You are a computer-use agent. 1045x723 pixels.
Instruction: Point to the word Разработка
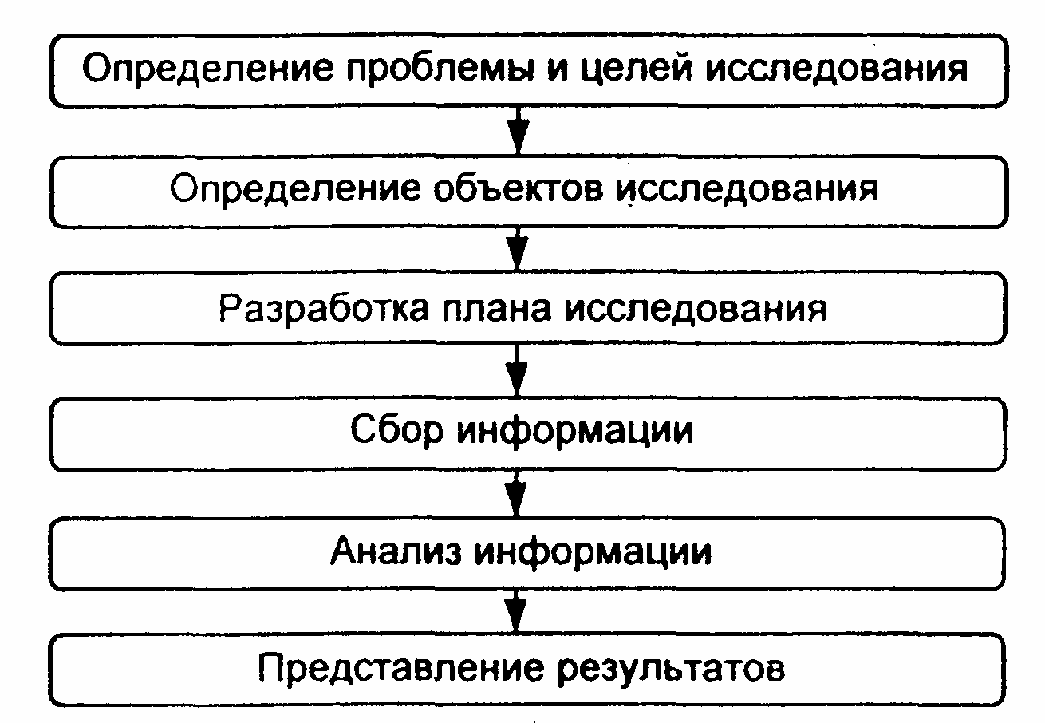(323, 309)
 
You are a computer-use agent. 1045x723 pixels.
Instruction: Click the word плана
(496, 310)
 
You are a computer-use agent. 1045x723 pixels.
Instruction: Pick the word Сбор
(396, 430)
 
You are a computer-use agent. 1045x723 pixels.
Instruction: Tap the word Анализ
(396, 551)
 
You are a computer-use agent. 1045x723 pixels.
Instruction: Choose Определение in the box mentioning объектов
(295, 189)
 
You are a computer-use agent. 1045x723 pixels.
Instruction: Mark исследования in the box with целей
(837, 69)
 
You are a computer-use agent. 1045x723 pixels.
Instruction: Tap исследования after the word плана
(695, 310)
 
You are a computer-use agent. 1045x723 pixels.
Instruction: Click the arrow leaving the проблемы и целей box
(518, 131)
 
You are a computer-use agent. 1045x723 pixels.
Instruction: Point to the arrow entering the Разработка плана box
(517, 249)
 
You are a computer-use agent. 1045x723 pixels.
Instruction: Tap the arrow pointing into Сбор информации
(516, 369)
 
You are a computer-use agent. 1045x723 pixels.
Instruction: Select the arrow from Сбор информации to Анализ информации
(515, 493)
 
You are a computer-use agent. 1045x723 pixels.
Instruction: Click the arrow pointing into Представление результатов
(515, 610)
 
